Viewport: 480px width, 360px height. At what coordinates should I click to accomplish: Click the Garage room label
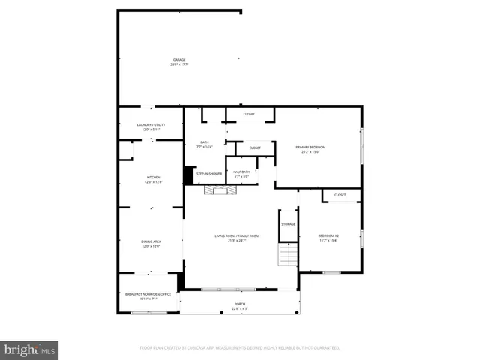click(179, 61)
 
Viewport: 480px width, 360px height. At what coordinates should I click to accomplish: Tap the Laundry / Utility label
click(151, 127)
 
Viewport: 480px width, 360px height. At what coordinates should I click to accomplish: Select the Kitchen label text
click(153, 179)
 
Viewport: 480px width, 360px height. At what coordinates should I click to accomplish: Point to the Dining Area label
click(151, 243)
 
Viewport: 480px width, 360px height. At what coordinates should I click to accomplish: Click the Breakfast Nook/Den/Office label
click(149, 295)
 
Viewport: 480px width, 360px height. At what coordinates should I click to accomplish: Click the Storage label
click(289, 224)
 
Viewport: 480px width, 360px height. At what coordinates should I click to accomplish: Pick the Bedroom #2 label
click(329, 238)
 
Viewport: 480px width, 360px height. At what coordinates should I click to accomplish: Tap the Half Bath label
click(241, 174)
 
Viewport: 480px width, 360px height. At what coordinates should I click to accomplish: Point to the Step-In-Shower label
click(209, 174)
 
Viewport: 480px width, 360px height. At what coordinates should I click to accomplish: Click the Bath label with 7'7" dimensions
click(205, 144)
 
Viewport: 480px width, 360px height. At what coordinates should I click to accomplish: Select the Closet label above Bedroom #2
click(340, 195)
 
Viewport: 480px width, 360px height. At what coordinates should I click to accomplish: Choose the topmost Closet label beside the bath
click(249, 114)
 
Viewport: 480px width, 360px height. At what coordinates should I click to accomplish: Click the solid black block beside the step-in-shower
click(189, 174)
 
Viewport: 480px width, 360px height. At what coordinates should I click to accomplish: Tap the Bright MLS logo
click(30, 349)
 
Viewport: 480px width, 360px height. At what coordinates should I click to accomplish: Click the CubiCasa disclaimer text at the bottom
click(240, 348)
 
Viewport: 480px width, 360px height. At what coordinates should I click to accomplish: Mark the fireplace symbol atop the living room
click(221, 191)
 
